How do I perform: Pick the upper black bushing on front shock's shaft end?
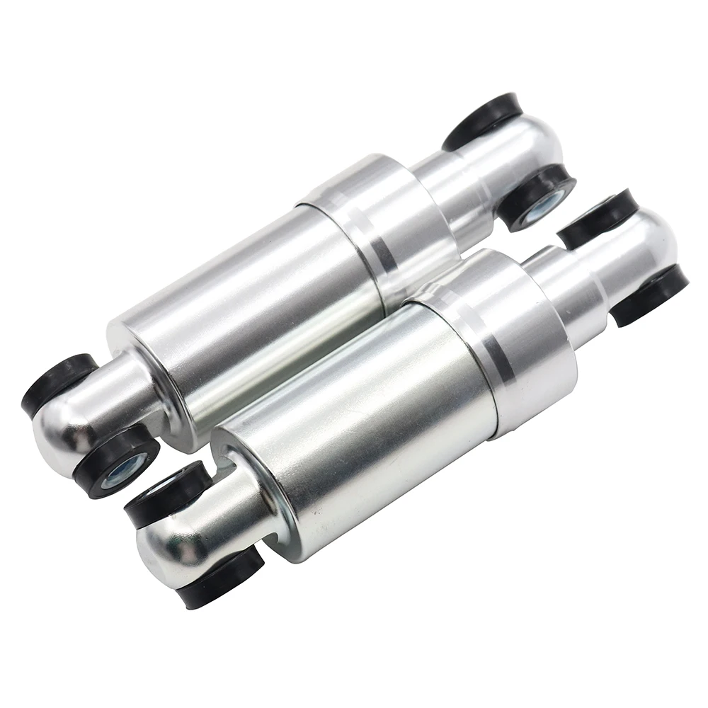(598, 216)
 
